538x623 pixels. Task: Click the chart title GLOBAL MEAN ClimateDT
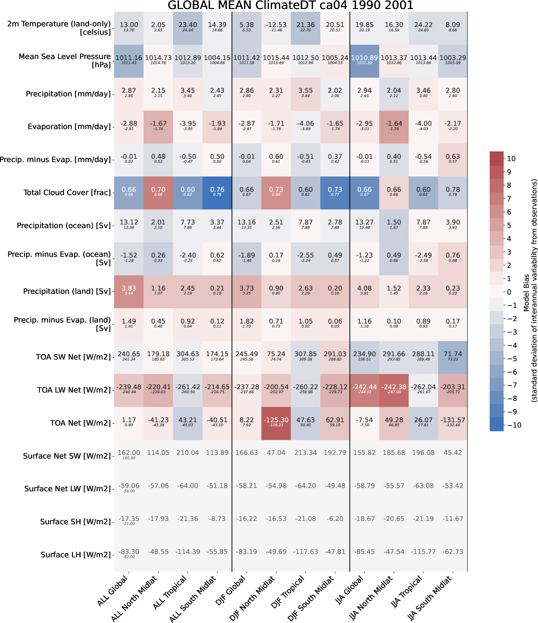[x=290, y=5]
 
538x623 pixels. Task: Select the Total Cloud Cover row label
[x=67, y=193]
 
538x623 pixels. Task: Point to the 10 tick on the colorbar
[x=511, y=159]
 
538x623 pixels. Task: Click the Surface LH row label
[x=76, y=555]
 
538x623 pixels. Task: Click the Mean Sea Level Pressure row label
[x=65, y=61]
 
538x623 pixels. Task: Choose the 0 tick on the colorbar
[x=509, y=292]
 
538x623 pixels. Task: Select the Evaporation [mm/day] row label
[x=69, y=127]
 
